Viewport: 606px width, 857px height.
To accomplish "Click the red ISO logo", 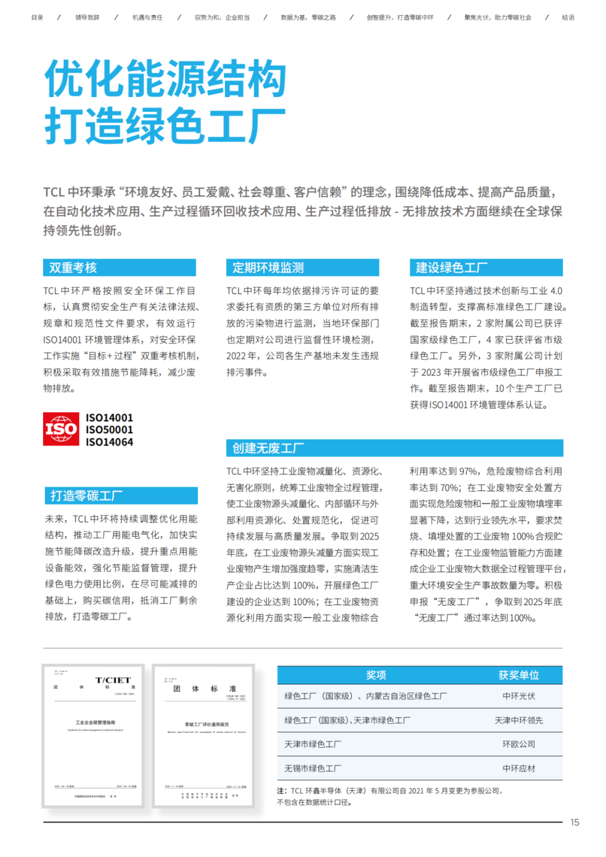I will tap(61, 429).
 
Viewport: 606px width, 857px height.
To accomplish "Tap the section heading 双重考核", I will tap(73, 268).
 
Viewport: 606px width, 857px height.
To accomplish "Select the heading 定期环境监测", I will tap(268, 268).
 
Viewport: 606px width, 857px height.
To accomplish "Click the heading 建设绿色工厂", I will tap(452, 268).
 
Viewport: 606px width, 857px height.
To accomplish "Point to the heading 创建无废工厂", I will tap(268, 448).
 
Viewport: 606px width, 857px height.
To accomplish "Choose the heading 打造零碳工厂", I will tap(86, 496).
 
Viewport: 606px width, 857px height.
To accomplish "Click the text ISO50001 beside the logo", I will tap(109, 430).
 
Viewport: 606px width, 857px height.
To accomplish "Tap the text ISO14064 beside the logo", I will tap(109, 442).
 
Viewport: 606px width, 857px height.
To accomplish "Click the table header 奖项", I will tap(376, 675).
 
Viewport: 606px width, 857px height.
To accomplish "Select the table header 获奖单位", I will tap(518, 675).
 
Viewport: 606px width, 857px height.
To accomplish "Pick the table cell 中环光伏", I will tap(518, 696).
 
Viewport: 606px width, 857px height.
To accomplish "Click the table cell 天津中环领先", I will tap(518, 720).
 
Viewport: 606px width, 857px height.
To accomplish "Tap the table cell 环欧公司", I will tap(518, 744).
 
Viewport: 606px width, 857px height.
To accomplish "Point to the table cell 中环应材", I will tap(518, 768).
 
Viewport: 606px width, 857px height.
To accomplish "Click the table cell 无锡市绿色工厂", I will tap(313, 768).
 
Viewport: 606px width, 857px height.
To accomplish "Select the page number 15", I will tap(575, 822).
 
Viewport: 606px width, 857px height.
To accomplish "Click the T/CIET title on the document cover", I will tap(113, 680).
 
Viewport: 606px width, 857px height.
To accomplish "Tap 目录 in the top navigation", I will tap(37, 17).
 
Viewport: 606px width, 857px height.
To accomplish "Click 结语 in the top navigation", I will tap(568, 17).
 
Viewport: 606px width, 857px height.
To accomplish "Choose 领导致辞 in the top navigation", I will tap(87, 17).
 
